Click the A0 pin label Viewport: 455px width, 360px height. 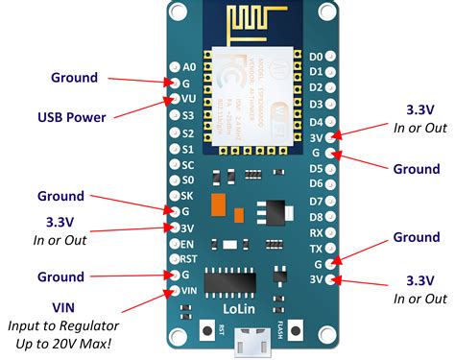[188, 67]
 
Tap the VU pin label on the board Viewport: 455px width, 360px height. [189, 98]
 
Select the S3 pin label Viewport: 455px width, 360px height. [189, 114]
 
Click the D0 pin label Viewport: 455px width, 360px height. [316, 57]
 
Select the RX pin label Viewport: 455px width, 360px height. [316, 232]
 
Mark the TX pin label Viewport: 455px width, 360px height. [316, 248]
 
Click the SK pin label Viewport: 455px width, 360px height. [189, 195]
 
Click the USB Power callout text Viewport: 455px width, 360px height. [70, 118]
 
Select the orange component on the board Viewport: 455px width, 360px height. [220, 206]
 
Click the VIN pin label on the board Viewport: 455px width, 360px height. [189, 290]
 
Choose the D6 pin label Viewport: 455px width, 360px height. [316, 184]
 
